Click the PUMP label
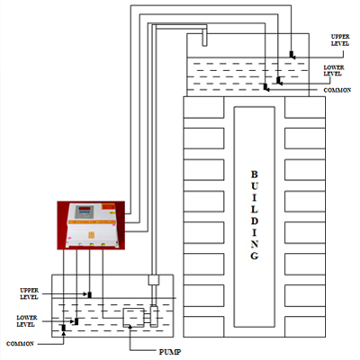(170, 352)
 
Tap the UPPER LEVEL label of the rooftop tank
(340, 40)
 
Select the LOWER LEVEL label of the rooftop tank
(334, 70)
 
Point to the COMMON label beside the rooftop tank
(337, 90)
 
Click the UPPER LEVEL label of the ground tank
(29, 293)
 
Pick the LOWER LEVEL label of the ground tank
(27, 321)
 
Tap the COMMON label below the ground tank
(20, 344)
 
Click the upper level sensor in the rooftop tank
(292, 55)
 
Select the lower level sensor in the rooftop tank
(279, 81)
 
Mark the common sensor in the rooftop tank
(266, 87)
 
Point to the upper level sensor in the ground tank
(89, 294)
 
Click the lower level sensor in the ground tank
(76, 321)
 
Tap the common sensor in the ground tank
(63, 328)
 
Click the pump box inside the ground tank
(133, 318)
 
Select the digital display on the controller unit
(83, 208)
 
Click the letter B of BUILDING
(254, 175)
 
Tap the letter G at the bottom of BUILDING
(254, 256)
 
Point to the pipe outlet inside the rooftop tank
(204, 38)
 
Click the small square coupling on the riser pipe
(154, 280)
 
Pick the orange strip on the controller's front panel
(92, 222)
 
